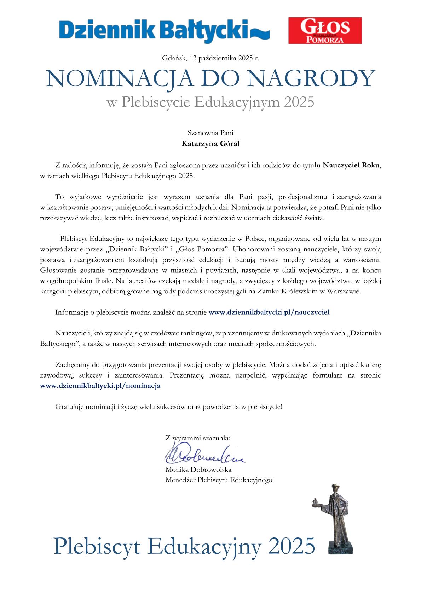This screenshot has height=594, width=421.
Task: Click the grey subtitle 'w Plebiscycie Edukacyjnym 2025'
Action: (210, 102)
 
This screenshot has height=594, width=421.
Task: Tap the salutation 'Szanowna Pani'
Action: (210, 133)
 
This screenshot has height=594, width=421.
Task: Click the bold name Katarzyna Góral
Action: (210, 144)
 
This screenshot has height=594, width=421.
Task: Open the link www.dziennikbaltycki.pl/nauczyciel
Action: (269, 312)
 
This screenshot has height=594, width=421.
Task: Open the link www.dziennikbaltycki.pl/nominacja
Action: (100, 386)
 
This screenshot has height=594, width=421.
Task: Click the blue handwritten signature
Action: (203, 456)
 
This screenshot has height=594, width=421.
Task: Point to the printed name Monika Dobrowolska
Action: (198, 470)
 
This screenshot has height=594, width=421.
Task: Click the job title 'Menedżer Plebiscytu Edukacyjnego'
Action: (219, 480)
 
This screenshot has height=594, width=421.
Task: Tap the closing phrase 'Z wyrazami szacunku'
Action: (198, 438)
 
